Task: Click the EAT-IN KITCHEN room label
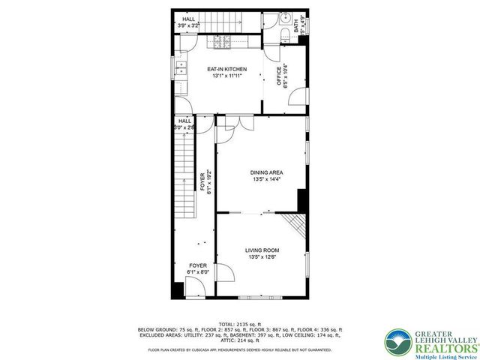click(226, 70)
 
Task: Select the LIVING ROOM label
click(262, 250)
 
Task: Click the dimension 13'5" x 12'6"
click(262, 257)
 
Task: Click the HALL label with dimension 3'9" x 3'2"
click(187, 22)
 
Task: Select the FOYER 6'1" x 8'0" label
click(197, 269)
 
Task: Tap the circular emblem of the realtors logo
click(397, 340)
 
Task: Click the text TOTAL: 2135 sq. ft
click(240, 323)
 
